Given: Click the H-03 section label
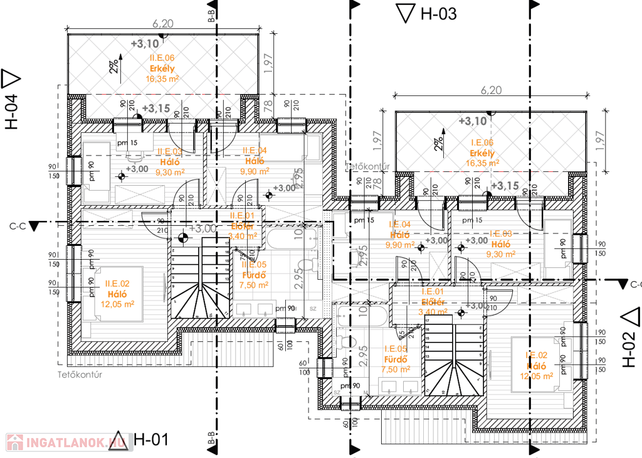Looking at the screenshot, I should click(x=439, y=13).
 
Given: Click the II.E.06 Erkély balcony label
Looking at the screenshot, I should click(x=162, y=68).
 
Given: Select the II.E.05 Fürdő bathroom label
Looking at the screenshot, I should click(x=255, y=274).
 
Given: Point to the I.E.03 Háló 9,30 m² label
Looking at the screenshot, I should click(x=500, y=243).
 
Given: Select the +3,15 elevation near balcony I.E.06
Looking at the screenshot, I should click(x=505, y=186).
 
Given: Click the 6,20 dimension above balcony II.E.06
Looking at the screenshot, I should click(x=162, y=24).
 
